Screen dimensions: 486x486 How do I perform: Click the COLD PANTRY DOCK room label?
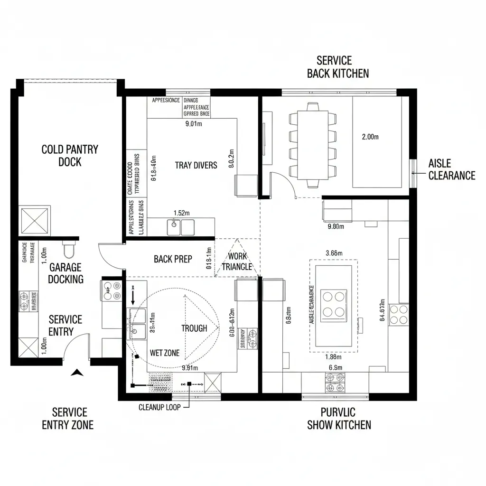click(70, 156)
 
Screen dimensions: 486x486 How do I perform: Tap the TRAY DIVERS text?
click(196, 165)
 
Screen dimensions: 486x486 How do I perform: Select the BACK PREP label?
click(173, 259)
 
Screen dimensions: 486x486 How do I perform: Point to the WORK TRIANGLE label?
click(237, 262)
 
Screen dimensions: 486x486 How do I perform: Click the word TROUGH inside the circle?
click(194, 328)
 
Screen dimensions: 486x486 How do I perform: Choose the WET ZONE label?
click(165, 353)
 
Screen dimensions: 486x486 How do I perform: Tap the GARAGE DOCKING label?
click(65, 273)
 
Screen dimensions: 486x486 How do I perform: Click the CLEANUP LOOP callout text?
click(159, 407)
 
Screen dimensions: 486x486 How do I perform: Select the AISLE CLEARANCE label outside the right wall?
click(451, 169)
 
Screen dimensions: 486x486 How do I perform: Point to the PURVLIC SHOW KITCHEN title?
click(339, 419)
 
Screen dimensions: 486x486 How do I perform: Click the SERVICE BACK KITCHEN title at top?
click(337, 67)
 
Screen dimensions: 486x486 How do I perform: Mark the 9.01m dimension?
click(193, 124)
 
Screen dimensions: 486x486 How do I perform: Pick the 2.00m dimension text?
click(370, 137)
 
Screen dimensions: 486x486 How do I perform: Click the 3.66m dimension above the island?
click(334, 253)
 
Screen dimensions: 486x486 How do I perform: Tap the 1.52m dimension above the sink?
click(181, 213)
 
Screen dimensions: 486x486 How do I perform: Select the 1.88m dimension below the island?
click(334, 357)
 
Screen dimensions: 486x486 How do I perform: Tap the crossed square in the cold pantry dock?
click(34, 221)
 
